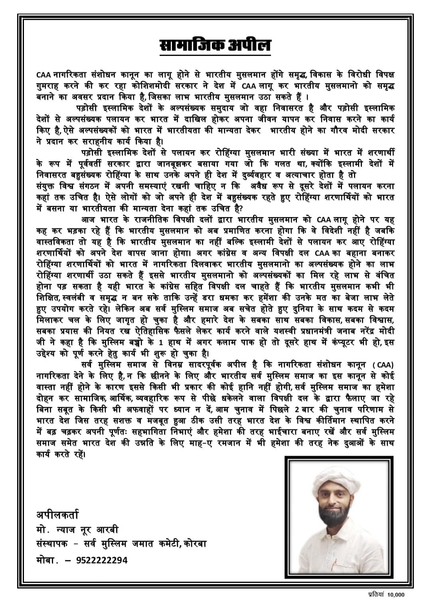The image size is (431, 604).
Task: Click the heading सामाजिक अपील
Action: (215, 45)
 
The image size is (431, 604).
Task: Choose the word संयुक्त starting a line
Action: (47, 186)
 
